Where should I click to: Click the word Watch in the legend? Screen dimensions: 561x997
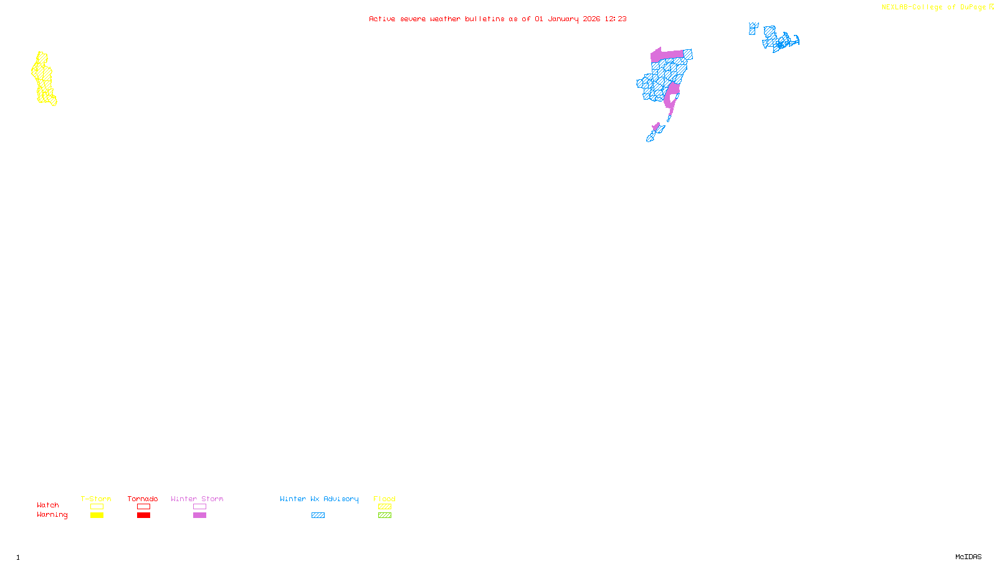click(48, 505)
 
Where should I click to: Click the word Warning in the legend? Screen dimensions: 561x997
click(52, 515)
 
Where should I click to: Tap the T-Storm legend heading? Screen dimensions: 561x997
click(96, 499)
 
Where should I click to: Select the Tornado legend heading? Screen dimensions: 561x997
click(143, 499)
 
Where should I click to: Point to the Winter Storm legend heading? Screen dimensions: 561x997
click(197, 499)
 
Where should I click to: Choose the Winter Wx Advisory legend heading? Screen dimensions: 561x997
click(319, 499)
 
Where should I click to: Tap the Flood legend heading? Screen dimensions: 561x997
click(384, 499)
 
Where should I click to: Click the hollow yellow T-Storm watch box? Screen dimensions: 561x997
click(97, 507)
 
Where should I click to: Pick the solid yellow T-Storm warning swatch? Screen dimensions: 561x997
click(97, 515)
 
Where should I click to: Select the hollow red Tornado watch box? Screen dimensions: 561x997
click(143, 507)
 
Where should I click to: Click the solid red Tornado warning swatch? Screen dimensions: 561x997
click(143, 515)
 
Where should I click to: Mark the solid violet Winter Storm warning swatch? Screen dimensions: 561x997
click(199, 515)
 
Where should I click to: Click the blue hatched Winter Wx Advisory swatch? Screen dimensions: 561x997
click(318, 515)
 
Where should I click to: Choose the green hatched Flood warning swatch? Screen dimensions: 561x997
click(384, 515)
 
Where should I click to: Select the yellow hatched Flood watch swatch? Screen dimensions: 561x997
click(384, 507)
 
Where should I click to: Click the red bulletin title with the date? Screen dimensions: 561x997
click(498, 19)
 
